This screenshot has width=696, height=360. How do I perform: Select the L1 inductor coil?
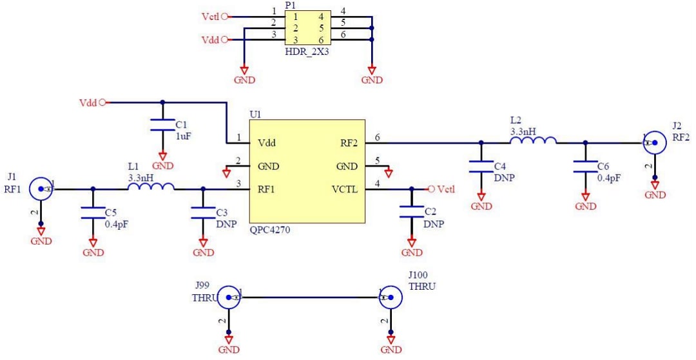tap(151, 187)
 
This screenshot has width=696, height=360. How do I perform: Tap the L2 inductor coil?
tap(532, 140)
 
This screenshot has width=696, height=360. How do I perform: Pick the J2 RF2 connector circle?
tap(655, 142)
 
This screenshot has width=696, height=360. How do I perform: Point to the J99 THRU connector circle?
tap(229, 298)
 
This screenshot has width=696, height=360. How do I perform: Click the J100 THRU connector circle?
tap(391, 298)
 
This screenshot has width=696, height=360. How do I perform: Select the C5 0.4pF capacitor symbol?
tap(93, 213)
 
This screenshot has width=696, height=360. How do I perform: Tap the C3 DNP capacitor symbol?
tap(203, 213)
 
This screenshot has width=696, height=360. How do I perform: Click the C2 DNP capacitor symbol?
tap(412, 213)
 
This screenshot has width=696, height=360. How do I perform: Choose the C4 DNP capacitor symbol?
tap(481, 167)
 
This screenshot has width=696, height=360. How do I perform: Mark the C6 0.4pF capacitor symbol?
tap(585, 167)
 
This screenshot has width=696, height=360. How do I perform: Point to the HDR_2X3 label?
tap(306, 51)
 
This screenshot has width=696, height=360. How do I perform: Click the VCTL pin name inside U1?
tap(344, 189)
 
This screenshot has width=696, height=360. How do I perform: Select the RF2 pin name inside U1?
tap(349, 143)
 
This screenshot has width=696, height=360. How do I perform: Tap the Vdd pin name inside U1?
tap(267, 143)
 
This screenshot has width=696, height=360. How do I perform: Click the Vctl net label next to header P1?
tap(211, 17)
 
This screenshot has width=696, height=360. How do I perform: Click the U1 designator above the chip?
tap(255, 114)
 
